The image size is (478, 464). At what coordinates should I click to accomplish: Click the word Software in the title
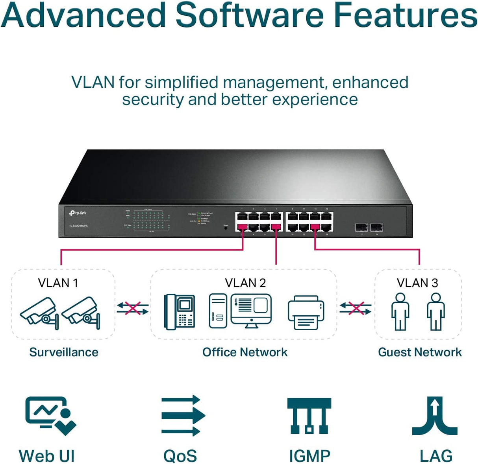[x=249, y=16]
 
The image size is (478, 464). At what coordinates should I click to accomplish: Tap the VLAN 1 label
[x=58, y=283]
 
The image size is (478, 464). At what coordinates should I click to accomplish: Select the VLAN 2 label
[x=245, y=283]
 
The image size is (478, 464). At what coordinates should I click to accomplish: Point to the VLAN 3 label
[x=417, y=283]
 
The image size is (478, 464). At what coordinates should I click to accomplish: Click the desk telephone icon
[x=180, y=311]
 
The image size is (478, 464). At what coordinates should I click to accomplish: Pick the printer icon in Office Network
[x=306, y=313]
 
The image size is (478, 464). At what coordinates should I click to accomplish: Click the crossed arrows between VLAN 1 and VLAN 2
[x=132, y=308]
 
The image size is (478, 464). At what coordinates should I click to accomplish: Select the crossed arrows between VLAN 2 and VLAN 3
[x=356, y=308]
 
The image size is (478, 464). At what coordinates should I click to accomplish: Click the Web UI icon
[x=50, y=415]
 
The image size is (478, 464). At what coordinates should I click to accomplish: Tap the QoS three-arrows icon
[x=183, y=416]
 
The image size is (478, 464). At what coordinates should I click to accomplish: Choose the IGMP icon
[x=309, y=416]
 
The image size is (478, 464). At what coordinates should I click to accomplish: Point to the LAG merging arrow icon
[x=435, y=416]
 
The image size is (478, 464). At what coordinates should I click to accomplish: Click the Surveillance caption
[x=64, y=352]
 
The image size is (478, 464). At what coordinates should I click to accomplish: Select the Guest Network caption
[x=420, y=352]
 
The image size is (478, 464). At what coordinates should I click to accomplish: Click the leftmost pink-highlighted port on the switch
[x=242, y=227]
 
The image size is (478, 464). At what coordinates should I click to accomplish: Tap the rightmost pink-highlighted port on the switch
[x=315, y=227]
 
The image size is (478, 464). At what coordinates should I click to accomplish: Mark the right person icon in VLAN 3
[x=436, y=311]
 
